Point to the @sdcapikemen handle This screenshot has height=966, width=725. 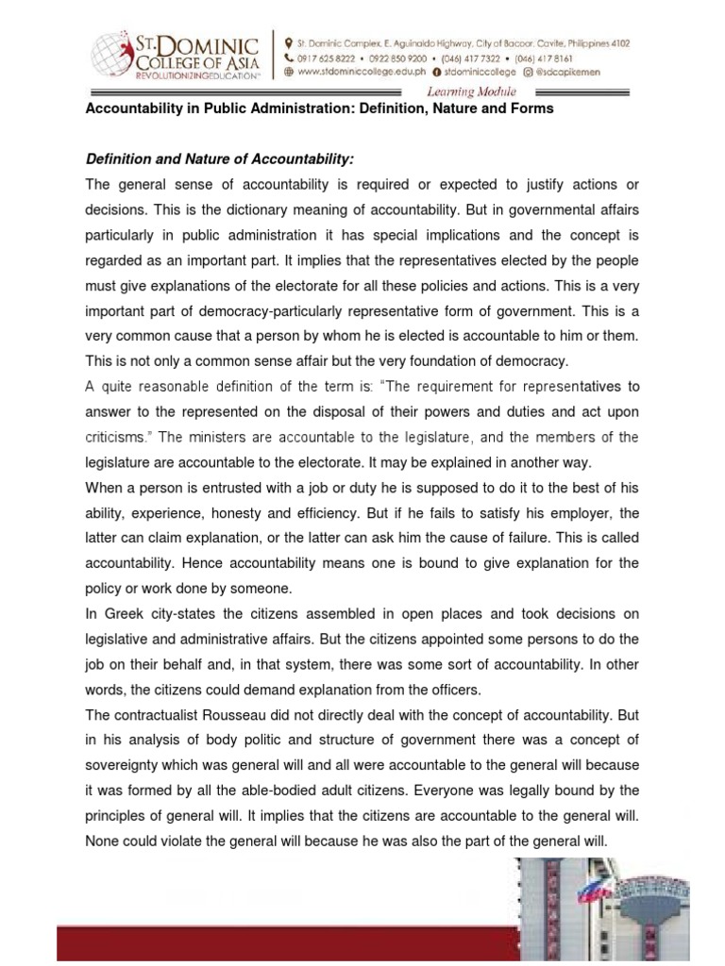point(585,70)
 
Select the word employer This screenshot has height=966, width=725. point(596,513)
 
